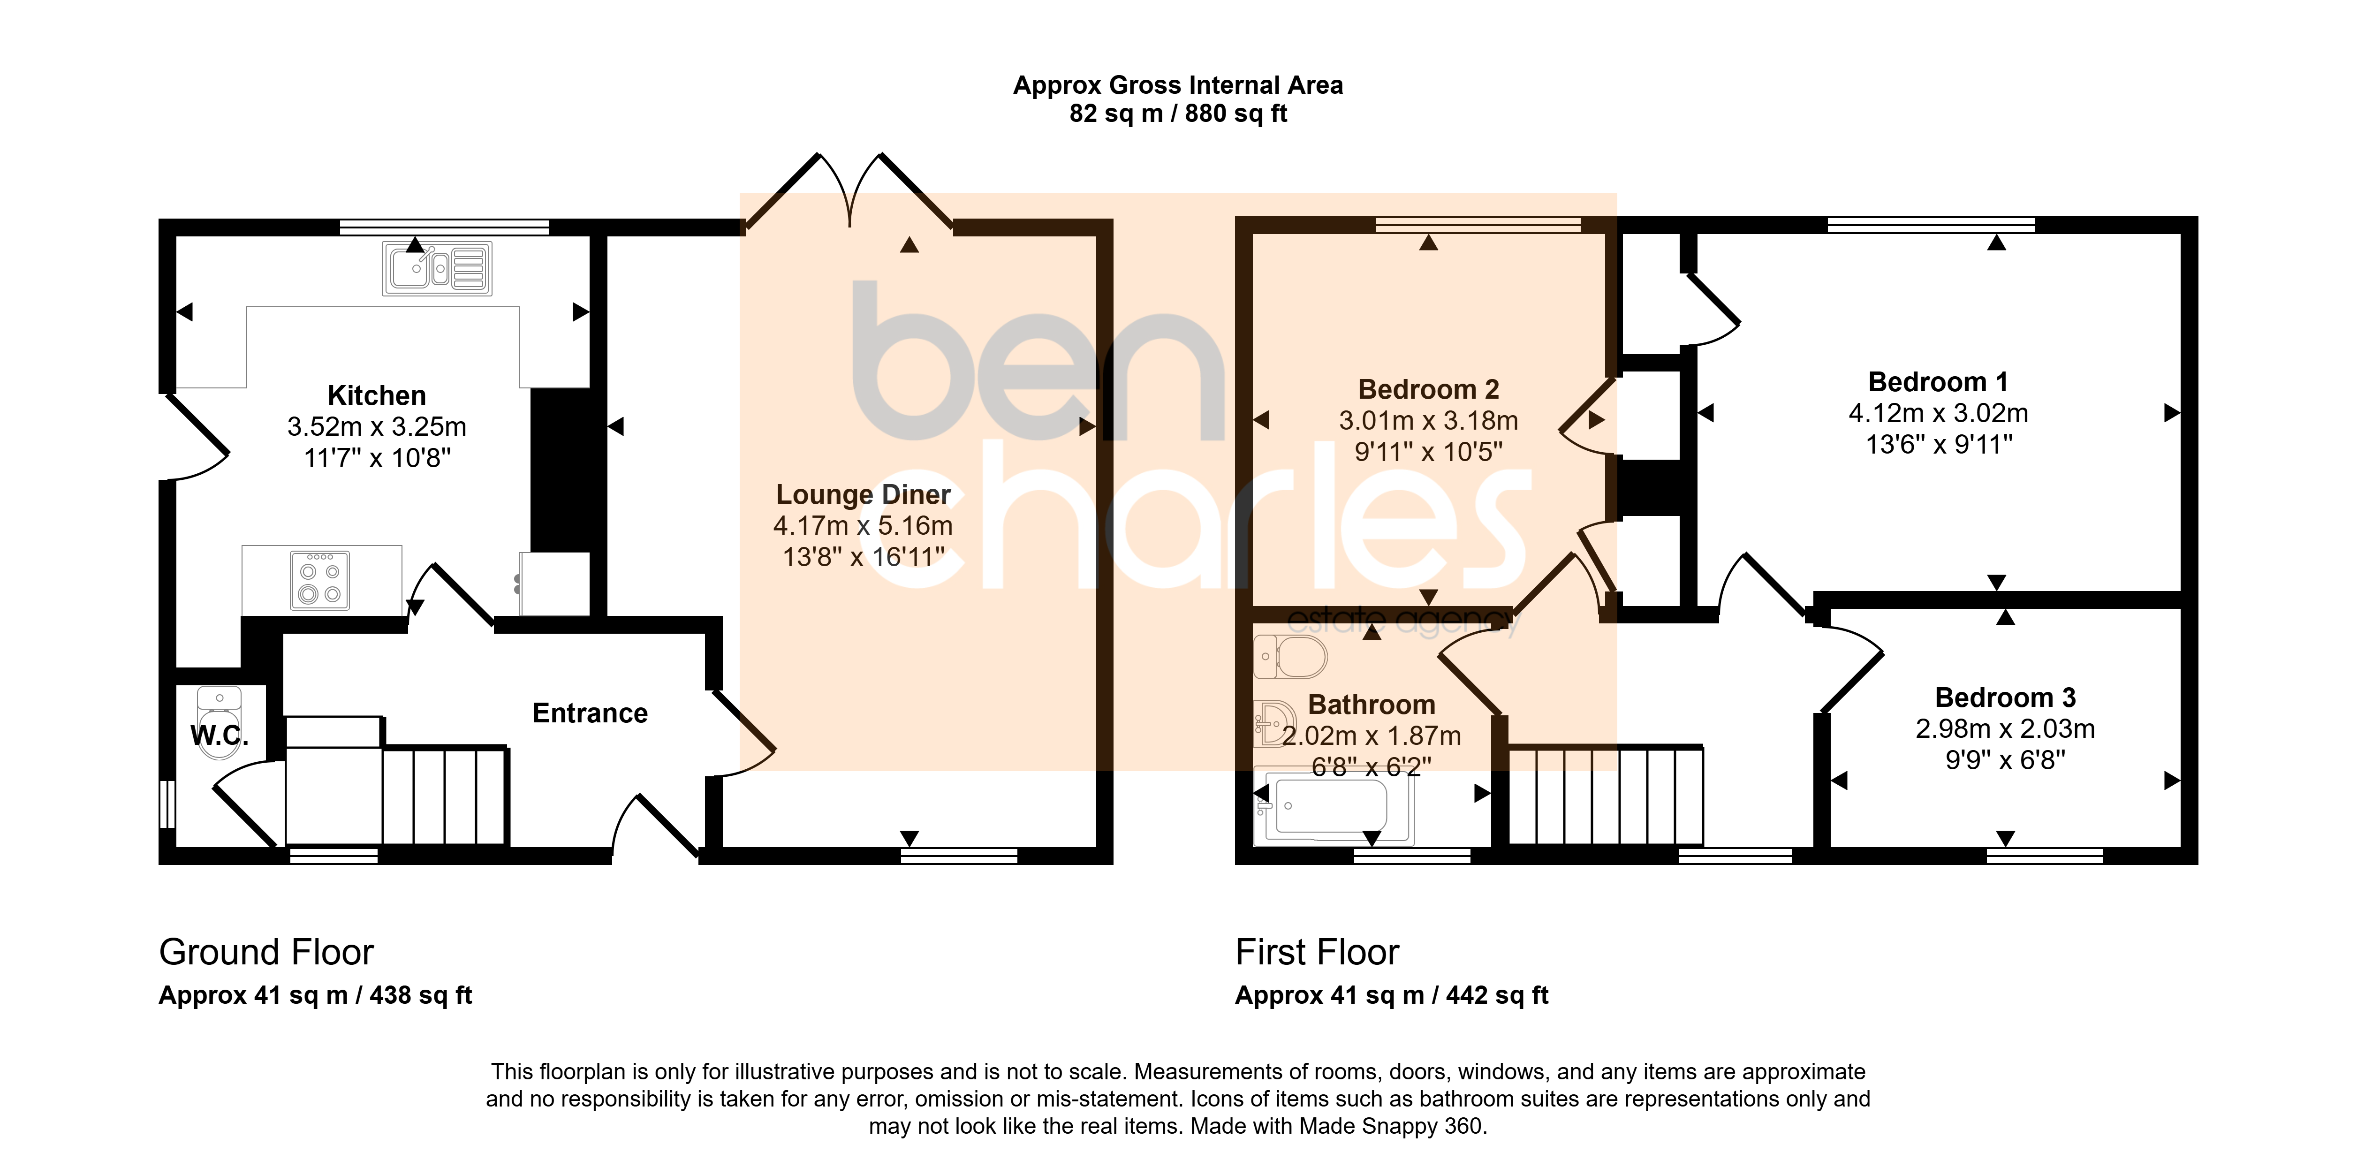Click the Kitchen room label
(x=377, y=395)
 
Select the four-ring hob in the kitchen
(x=319, y=580)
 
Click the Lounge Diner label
(x=863, y=494)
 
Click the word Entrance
(x=590, y=713)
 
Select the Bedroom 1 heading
(x=1938, y=382)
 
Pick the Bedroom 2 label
(x=1428, y=389)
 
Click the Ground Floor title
(x=266, y=953)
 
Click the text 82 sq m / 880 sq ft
(x=1178, y=114)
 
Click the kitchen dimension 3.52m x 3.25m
(x=377, y=426)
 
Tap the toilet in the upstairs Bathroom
(x=1290, y=656)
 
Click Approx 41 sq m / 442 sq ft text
(x=1392, y=996)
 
